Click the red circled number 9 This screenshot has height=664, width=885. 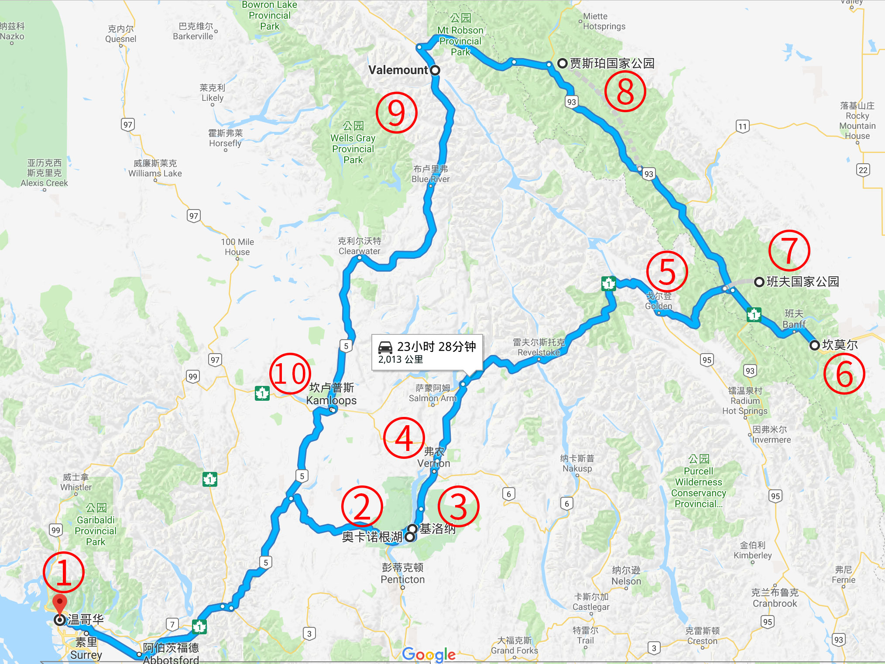point(396,113)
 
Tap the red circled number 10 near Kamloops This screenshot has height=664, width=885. point(290,374)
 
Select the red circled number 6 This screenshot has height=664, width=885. point(844,374)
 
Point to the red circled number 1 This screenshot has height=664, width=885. point(64,572)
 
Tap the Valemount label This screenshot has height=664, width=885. point(398,70)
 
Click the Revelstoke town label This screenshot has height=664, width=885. point(539,347)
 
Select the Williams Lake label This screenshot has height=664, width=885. point(155,169)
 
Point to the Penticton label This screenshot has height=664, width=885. point(402,574)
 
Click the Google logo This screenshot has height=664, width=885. point(429,654)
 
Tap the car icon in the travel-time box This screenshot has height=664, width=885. point(385,347)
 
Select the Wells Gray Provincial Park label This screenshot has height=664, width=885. point(353,143)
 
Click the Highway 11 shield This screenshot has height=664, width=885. point(742,127)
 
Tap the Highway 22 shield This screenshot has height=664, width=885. point(863,170)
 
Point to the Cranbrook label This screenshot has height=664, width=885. point(775,598)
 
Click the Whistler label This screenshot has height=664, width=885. point(76,482)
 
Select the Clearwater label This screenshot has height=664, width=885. point(359,246)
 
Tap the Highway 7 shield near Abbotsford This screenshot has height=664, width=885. point(172,624)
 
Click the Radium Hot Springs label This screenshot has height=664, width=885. point(744,401)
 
